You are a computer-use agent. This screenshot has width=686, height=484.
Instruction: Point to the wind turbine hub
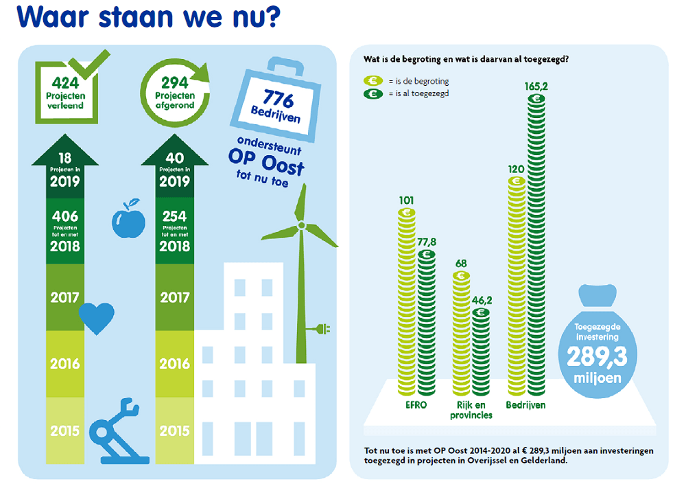click(300, 226)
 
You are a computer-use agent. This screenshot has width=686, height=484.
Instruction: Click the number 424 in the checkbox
click(64, 82)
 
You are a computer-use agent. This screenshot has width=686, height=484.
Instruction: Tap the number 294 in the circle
click(174, 82)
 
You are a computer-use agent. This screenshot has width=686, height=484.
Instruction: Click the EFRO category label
click(416, 405)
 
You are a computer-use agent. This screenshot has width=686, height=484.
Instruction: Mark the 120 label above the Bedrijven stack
click(517, 169)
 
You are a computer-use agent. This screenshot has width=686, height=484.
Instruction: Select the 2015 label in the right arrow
click(174, 431)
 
